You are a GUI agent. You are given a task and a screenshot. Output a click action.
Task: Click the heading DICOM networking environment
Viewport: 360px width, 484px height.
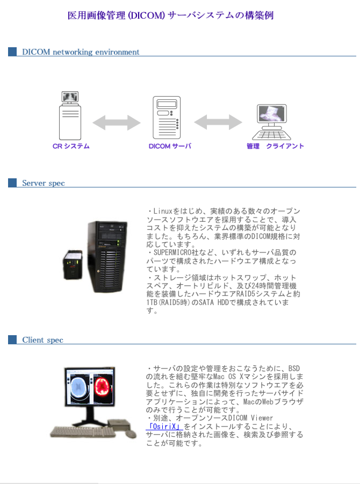point(81,52)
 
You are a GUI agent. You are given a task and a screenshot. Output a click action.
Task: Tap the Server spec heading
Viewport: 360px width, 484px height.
point(43,183)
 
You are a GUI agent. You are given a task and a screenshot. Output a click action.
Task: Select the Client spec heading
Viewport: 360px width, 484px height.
point(42,340)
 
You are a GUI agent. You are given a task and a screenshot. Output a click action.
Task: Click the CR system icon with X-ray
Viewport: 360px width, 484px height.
point(70,115)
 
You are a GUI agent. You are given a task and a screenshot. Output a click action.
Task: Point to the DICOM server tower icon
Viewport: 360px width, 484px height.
point(167,118)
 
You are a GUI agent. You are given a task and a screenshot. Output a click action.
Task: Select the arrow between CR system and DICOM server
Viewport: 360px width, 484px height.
point(117,123)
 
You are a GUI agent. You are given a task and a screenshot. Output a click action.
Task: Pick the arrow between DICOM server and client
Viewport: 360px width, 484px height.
point(218,122)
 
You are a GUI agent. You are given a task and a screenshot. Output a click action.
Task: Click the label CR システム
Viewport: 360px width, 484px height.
point(71,146)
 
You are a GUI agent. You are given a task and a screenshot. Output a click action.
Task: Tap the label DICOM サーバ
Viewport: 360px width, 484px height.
point(170,146)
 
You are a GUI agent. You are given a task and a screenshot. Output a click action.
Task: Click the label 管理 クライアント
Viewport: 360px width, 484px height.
point(275,146)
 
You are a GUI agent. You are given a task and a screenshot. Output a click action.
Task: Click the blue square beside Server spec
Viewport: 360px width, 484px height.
point(13,183)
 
